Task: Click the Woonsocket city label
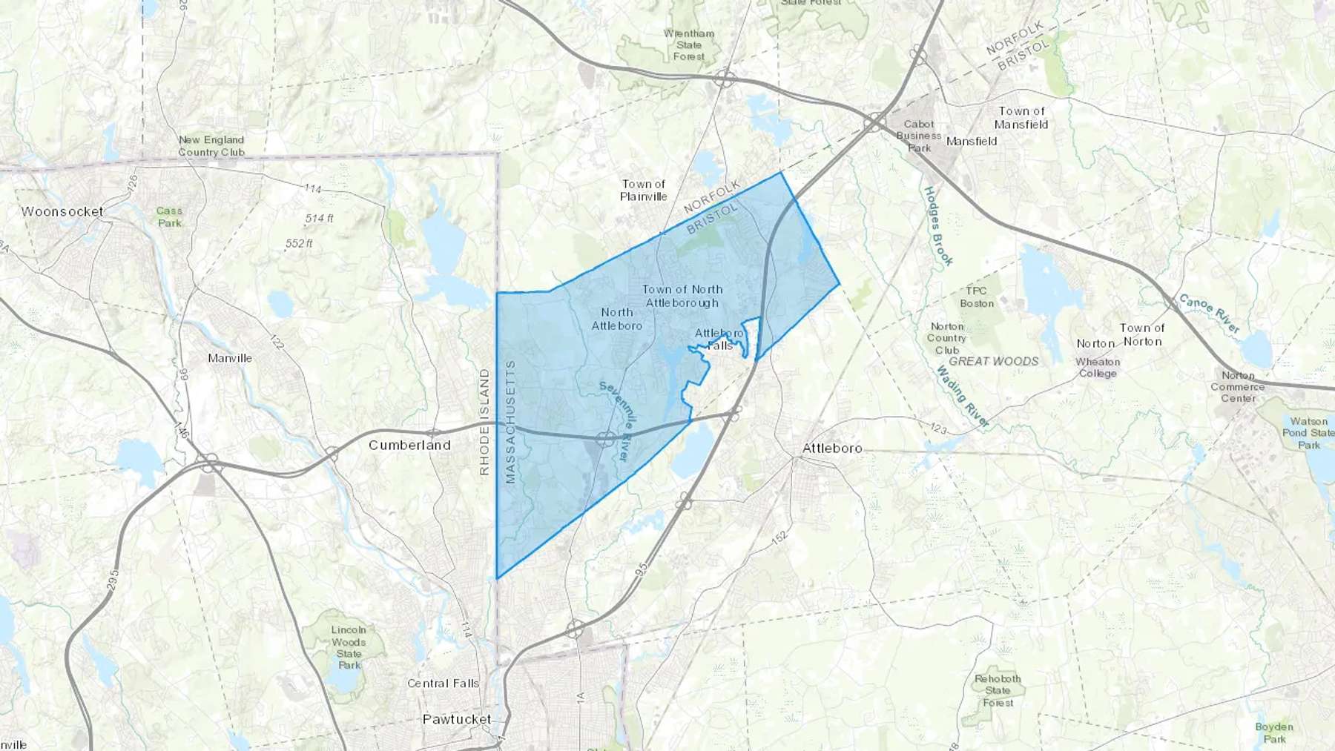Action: (x=62, y=211)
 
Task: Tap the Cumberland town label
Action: (x=409, y=445)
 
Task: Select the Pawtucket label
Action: (x=457, y=719)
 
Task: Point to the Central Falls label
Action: (x=443, y=683)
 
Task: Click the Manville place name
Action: (x=230, y=358)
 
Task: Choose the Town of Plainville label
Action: (x=643, y=190)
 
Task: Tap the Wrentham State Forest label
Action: (x=689, y=44)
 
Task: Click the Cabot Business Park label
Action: (x=919, y=136)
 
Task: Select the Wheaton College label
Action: (x=1098, y=367)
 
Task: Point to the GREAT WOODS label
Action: (x=994, y=361)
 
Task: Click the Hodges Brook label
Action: (x=938, y=226)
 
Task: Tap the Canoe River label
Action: (x=1209, y=314)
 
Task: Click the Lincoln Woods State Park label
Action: (x=349, y=647)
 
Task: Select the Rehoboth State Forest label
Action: (x=998, y=690)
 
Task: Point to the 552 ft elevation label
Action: (x=299, y=243)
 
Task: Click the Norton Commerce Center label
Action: (x=1238, y=386)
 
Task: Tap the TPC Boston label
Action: (x=977, y=297)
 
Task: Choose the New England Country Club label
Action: (x=211, y=145)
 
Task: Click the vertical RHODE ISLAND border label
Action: (x=484, y=422)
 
